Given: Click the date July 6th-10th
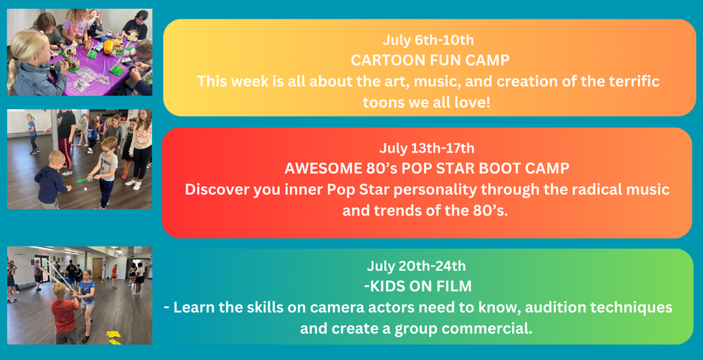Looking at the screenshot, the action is point(428,40).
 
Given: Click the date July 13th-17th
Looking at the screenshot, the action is point(427,148).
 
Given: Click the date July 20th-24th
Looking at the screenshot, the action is point(416,266).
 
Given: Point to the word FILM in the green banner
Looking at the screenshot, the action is point(452,286).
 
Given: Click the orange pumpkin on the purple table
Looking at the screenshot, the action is point(108,46).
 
